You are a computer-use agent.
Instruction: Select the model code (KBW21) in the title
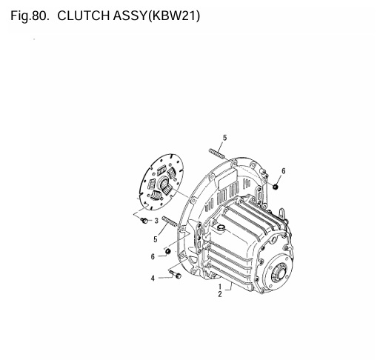click(x=173, y=15)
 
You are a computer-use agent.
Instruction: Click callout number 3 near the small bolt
click(x=156, y=221)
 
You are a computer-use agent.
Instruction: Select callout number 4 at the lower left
click(x=152, y=279)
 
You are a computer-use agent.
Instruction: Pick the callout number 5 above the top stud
click(x=224, y=138)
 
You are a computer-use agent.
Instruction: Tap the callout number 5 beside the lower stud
click(x=155, y=239)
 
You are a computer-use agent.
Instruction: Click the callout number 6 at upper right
click(x=283, y=171)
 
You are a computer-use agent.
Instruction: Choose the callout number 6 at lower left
click(x=153, y=257)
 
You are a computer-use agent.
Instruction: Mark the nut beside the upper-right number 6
click(x=275, y=186)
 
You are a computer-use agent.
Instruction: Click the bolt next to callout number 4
click(x=176, y=275)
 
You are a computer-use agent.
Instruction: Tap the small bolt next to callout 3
click(x=144, y=219)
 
